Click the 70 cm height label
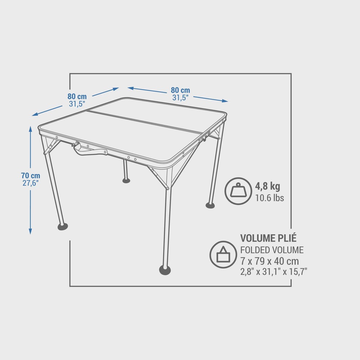pyautogui.click(x=31, y=176)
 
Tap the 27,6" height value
pyautogui.click(x=31, y=183)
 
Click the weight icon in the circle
pyautogui.click(x=238, y=191)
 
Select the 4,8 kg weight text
pyautogui.click(x=267, y=186)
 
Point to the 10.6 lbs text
pyautogui.click(x=270, y=198)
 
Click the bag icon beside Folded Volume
pyautogui.click(x=223, y=255)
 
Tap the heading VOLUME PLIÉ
pyautogui.click(x=268, y=238)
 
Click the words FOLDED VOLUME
pyautogui.click(x=272, y=250)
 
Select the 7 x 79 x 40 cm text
pyautogui.click(x=270, y=261)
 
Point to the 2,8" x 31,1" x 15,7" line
pyautogui.click(x=274, y=271)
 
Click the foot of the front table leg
pyautogui.click(x=165, y=270)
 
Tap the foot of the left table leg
pyautogui.click(x=63, y=227)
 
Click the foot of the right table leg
pyautogui.click(x=210, y=205)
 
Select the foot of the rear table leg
pyautogui.click(x=126, y=180)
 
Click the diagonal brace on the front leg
pyautogui.click(x=158, y=178)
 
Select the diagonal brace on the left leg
pyautogui.click(x=52, y=147)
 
